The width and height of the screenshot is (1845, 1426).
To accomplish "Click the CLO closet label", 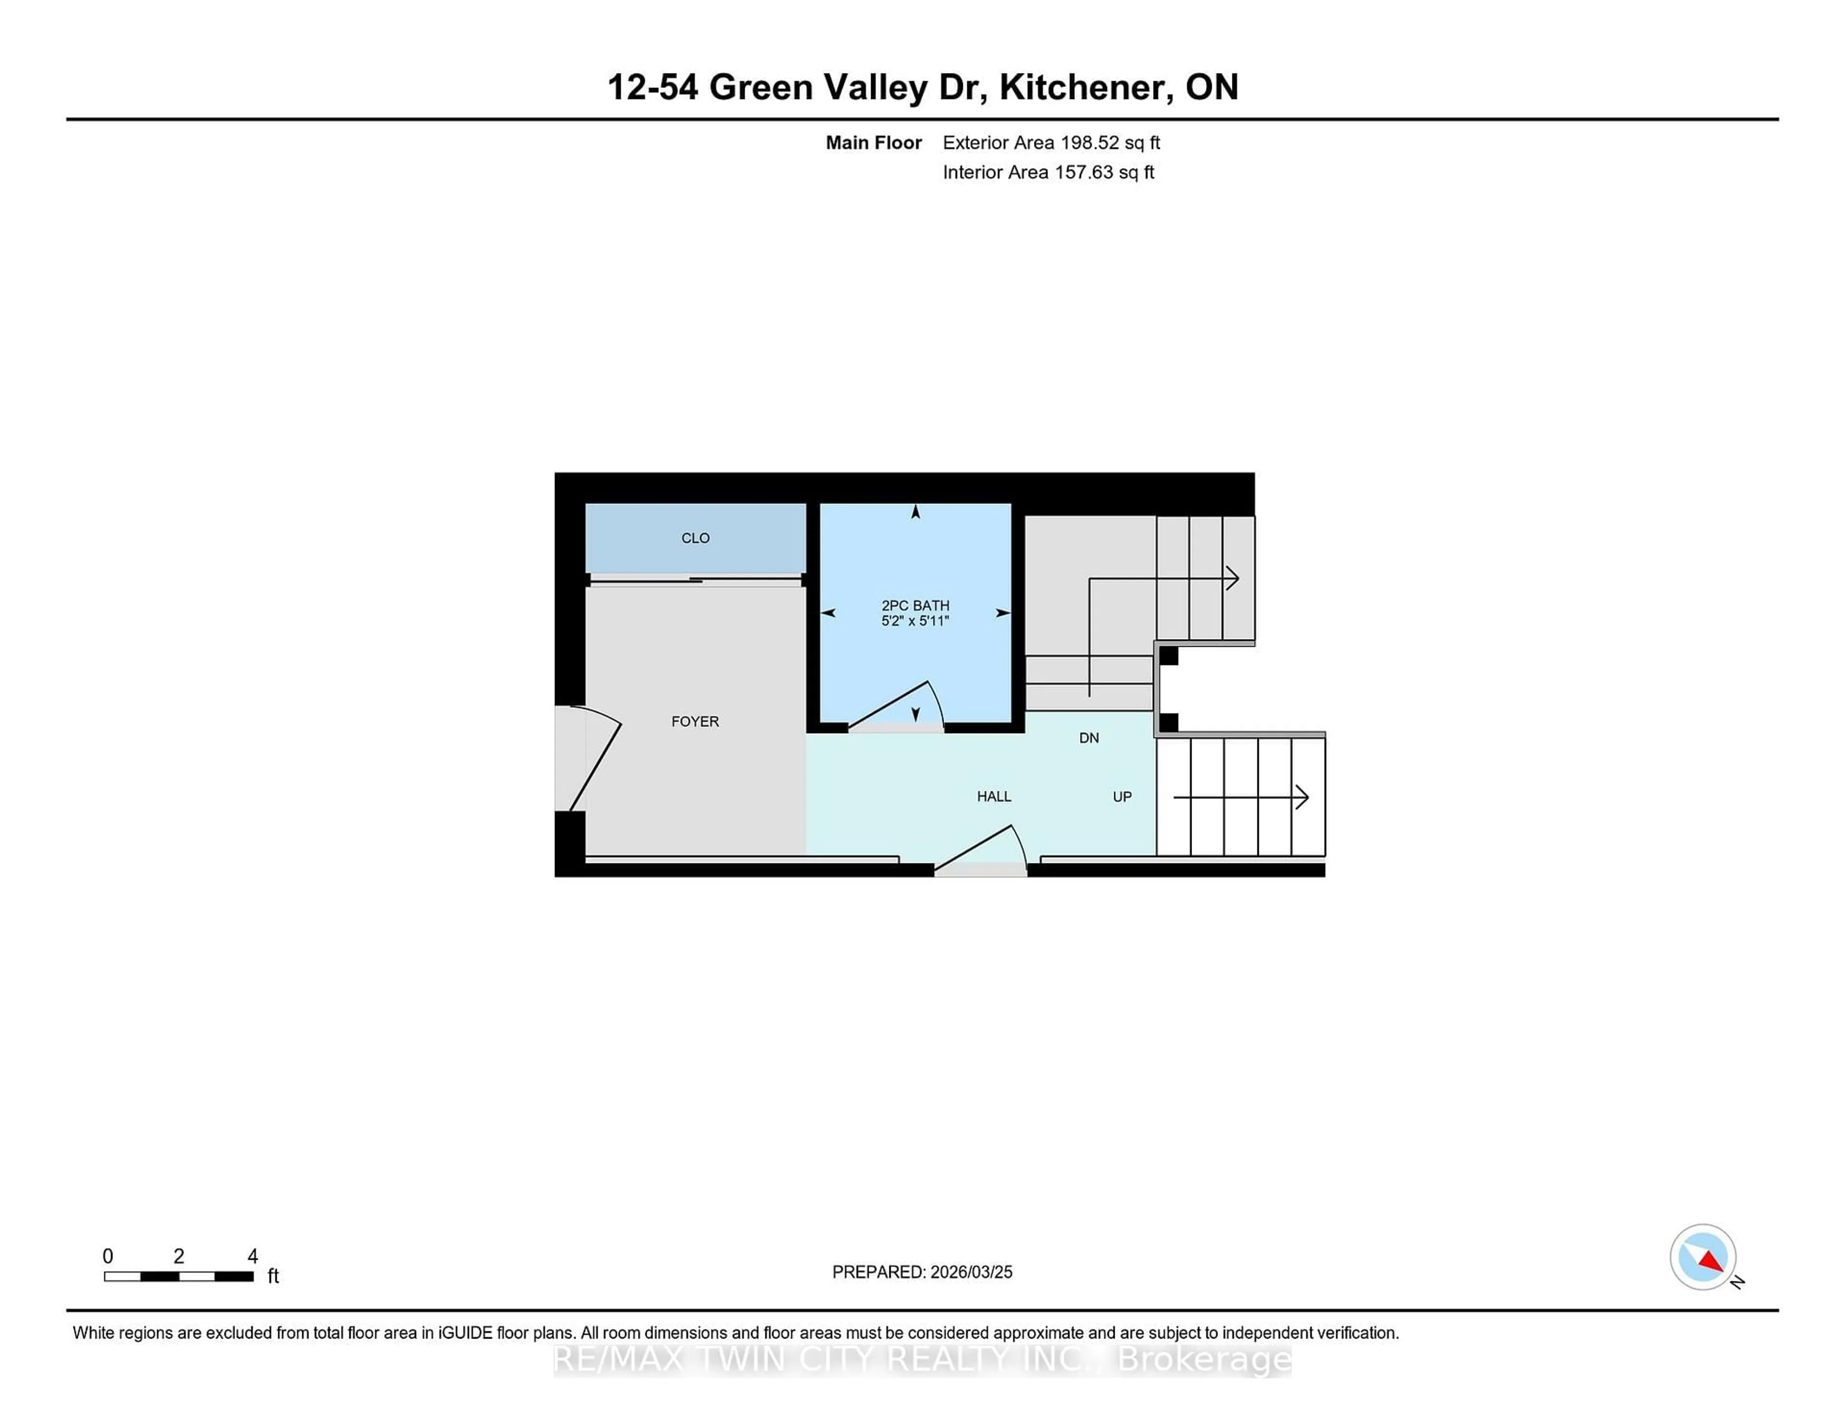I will tap(695, 538).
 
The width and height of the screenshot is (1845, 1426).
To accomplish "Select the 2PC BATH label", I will tap(915, 606).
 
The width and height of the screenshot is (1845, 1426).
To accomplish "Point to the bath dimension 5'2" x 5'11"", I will tap(915, 621).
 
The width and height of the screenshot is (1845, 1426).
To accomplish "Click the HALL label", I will tap(994, 797).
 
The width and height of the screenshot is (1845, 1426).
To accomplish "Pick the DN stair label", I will tap(1089, 738).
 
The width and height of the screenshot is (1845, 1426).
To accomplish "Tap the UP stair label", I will tap(1122, 797).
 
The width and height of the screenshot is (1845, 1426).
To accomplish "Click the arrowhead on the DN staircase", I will tap(1232, 578).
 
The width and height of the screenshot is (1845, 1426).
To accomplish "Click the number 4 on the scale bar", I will tap(252, 1256).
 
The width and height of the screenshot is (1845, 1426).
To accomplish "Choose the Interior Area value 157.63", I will tap(1082, 172).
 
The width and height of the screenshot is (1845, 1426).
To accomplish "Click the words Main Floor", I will tap(873, 143).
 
